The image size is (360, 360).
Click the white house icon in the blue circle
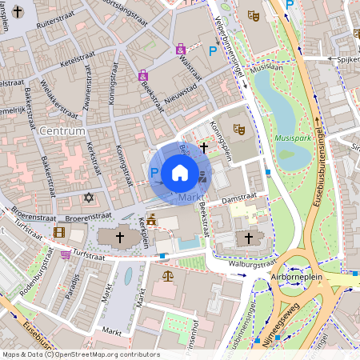[180, 173]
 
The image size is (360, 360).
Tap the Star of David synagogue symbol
[89, 197]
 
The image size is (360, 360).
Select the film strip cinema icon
[59, 233]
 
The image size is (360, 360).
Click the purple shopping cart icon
[65, 254]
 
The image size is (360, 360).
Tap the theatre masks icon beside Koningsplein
[238, 128]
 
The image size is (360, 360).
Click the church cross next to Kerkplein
[120, 238]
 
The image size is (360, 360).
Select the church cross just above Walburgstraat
[248, 238]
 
